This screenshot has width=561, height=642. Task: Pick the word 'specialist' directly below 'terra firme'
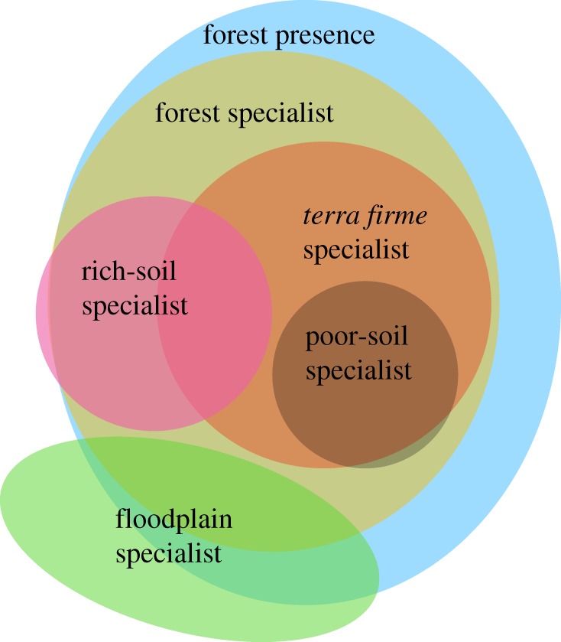356,250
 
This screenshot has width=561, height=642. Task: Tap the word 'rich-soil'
134,272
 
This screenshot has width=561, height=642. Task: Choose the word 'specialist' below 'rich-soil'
135,306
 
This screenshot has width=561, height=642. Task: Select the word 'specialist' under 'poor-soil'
358,371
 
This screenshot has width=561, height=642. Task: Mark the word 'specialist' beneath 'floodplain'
169,552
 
